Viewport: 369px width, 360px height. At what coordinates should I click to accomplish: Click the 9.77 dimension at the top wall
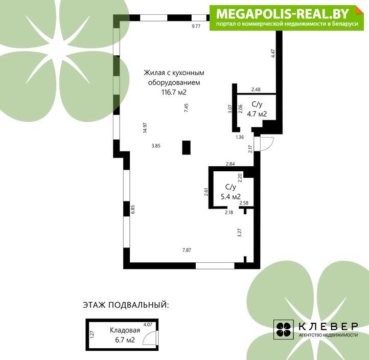[196, 26]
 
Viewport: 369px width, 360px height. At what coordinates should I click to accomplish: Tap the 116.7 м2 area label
[174, 92]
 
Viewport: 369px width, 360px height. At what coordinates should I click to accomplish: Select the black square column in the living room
[187, 147]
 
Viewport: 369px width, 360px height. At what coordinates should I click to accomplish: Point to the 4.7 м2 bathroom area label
[257, 114]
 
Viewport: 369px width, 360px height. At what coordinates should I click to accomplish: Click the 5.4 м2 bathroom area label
[230, 196]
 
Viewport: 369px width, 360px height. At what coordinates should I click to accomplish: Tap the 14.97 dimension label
[145, 128]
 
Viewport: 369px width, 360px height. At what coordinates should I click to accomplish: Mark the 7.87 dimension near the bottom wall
[187, 250]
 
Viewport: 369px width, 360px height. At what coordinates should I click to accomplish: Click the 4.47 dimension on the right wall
[273, 54]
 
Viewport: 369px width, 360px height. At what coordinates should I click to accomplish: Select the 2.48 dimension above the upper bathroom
[256, 89]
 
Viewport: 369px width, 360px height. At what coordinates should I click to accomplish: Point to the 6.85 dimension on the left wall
[133, 209]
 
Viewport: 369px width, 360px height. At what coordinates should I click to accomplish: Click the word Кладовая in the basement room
[125, 330]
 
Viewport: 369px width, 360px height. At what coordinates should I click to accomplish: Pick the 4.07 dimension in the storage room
[148, 324]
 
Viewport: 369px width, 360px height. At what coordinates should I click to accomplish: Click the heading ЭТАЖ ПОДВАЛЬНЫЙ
[126, 305]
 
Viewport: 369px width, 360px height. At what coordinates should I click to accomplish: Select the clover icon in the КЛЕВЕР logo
[283, 329]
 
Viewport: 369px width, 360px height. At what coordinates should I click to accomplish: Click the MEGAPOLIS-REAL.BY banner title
[283, 14]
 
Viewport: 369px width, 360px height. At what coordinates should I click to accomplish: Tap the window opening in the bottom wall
[215, 265]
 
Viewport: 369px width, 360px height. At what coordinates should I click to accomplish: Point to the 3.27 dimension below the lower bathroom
[240, 233]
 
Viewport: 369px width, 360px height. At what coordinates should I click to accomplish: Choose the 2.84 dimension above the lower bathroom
[230, 164]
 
